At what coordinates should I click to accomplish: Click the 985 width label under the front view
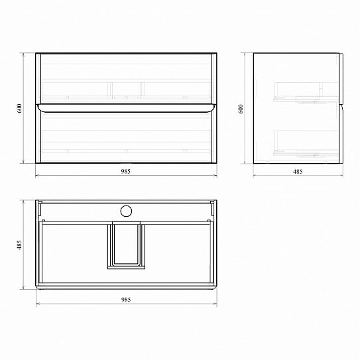(x=125, y=171)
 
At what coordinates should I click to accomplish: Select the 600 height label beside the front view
(x=19, y=108)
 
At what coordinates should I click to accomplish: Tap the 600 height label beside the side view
(x=241, y=109)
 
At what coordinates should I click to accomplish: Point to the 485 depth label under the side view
(x=298, y=172)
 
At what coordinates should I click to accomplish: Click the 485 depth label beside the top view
(x=19, y=245)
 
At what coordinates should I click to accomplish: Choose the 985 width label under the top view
(x=126, y=300)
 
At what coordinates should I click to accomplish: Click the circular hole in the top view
(x=126, y=211)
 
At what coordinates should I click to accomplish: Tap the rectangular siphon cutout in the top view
(x=126, y=245)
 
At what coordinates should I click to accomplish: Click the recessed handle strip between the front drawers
(x=126, y=108)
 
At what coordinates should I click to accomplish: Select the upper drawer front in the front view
(x=126, y=78)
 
